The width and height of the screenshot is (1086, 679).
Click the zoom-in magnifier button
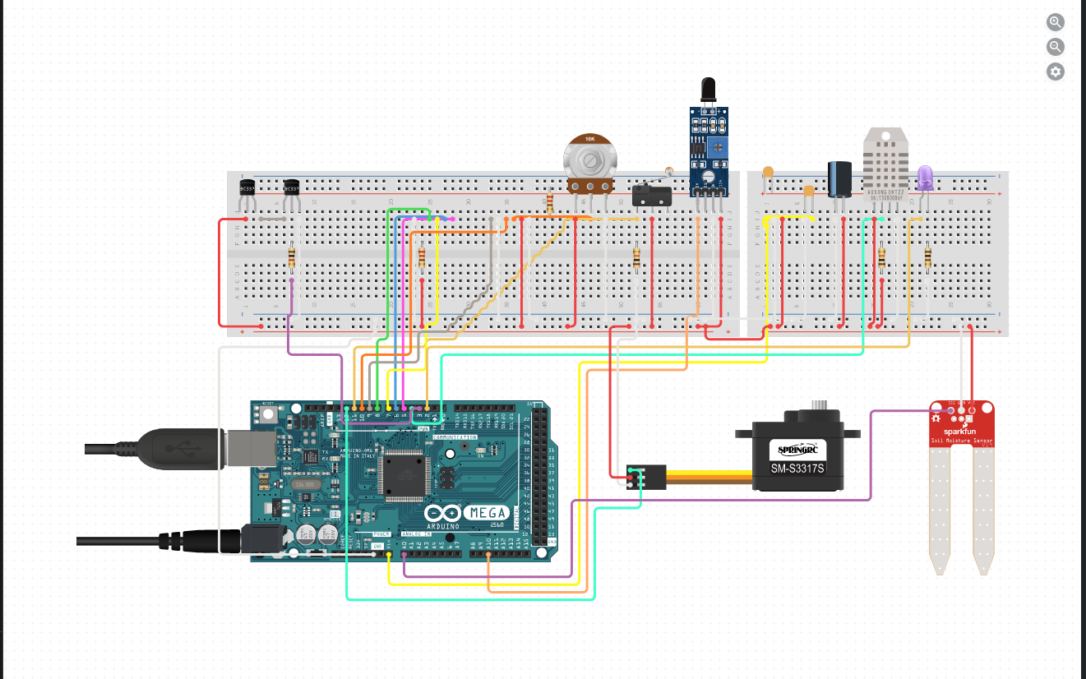[1056, 22]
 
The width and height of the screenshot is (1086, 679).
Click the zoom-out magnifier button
[1056, 47]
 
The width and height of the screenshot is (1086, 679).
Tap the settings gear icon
[1056, 72]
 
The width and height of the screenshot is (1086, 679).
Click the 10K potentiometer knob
[589, 156]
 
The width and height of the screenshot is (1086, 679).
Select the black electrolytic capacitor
[839, 178]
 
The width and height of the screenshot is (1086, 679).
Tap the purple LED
[925, 177]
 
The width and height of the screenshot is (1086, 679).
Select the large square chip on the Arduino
[404, 473]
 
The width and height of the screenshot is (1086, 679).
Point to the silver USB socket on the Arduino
[237, 447]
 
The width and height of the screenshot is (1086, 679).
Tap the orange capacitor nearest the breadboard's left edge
[768, 173]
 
